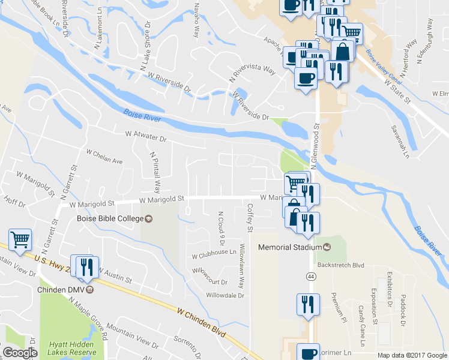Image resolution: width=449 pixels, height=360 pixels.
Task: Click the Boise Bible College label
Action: (x=110, y=218)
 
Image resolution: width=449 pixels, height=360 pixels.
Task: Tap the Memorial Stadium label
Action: (x=291, y=247)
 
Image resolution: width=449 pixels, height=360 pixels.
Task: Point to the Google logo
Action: (x=20, y=353)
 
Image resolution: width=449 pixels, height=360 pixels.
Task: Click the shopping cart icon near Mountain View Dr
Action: (x=20, y=239)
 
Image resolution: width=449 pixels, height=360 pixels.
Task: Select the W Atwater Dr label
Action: (x=145, y=136)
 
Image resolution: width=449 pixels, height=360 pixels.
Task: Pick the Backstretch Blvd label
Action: (x=341, y=265)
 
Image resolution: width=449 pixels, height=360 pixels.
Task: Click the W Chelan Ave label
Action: (x=104, y=157)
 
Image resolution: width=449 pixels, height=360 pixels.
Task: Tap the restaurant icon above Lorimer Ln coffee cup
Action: (x=308, y=304)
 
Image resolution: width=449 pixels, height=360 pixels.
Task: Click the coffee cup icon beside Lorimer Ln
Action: (x=309, y=352)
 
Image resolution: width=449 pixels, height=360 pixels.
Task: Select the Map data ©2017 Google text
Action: (x=412, y=355)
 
